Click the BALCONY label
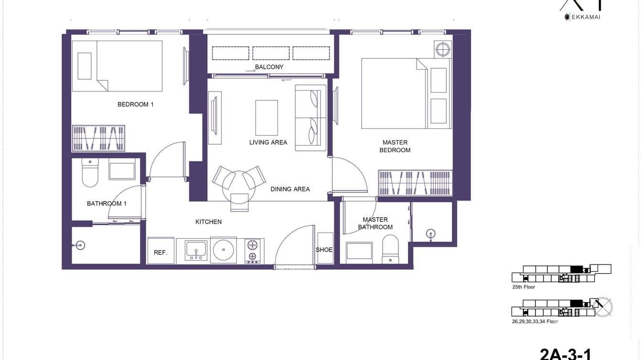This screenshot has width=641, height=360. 269,67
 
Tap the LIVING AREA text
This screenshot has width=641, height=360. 268,142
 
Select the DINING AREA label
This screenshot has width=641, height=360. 290,189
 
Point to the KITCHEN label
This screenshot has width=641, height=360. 208,222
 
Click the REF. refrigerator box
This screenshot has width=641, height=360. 160,252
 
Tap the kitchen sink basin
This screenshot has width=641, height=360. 196,249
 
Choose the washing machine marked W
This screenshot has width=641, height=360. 224,250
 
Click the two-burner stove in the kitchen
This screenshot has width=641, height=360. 252,251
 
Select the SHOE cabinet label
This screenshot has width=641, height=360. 324,250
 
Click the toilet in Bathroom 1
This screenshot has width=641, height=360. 90,174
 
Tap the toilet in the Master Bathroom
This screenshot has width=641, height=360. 390,251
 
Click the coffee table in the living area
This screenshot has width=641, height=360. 267,117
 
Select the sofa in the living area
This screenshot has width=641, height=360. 310,117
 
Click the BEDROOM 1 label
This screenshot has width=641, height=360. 135,104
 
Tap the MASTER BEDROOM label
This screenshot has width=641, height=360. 395,146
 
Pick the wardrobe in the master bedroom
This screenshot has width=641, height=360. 415,182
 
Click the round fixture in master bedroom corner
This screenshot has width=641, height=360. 442,49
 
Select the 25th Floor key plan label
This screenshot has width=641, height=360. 523,287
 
